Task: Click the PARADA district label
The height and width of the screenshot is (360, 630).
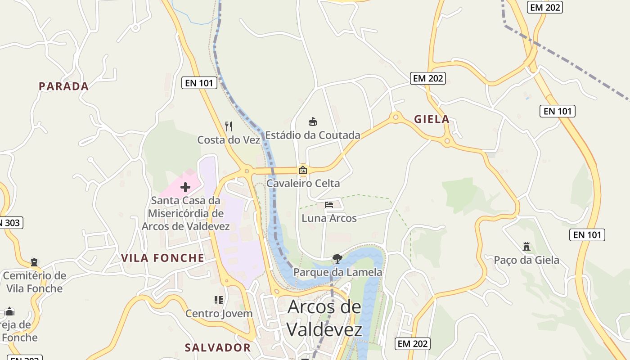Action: pos(63,86)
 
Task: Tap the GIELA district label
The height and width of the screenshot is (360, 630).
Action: pos(432,119)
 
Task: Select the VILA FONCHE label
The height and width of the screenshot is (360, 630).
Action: pos(162,258)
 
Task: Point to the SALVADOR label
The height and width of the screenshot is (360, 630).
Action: pos(218,347)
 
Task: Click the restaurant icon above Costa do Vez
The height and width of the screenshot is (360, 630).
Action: pos(229,126)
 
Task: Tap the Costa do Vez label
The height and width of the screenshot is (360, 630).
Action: pos(229,140)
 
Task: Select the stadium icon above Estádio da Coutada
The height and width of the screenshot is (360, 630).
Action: pos(313,121)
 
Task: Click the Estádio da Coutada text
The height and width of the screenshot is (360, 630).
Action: pos(313,135)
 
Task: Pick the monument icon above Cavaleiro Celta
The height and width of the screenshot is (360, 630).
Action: pos(303,170)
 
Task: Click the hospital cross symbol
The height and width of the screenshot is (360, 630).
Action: pos(185,187)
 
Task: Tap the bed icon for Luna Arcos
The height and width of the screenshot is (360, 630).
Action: pos(329,205)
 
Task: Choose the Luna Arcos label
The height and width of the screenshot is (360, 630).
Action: pos(329,218)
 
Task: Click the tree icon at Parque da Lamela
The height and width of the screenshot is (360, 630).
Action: pos(337,258)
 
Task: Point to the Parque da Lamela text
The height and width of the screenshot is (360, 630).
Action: pos(337,272)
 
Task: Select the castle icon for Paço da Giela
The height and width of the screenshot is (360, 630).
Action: pos(526,247)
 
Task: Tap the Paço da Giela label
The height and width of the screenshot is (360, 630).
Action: pos(526,260)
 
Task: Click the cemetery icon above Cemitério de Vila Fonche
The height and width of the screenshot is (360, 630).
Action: pos(34,262)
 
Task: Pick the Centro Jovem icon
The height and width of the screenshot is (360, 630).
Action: pos(219,300)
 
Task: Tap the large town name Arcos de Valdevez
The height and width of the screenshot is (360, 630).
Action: pos(324,318)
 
